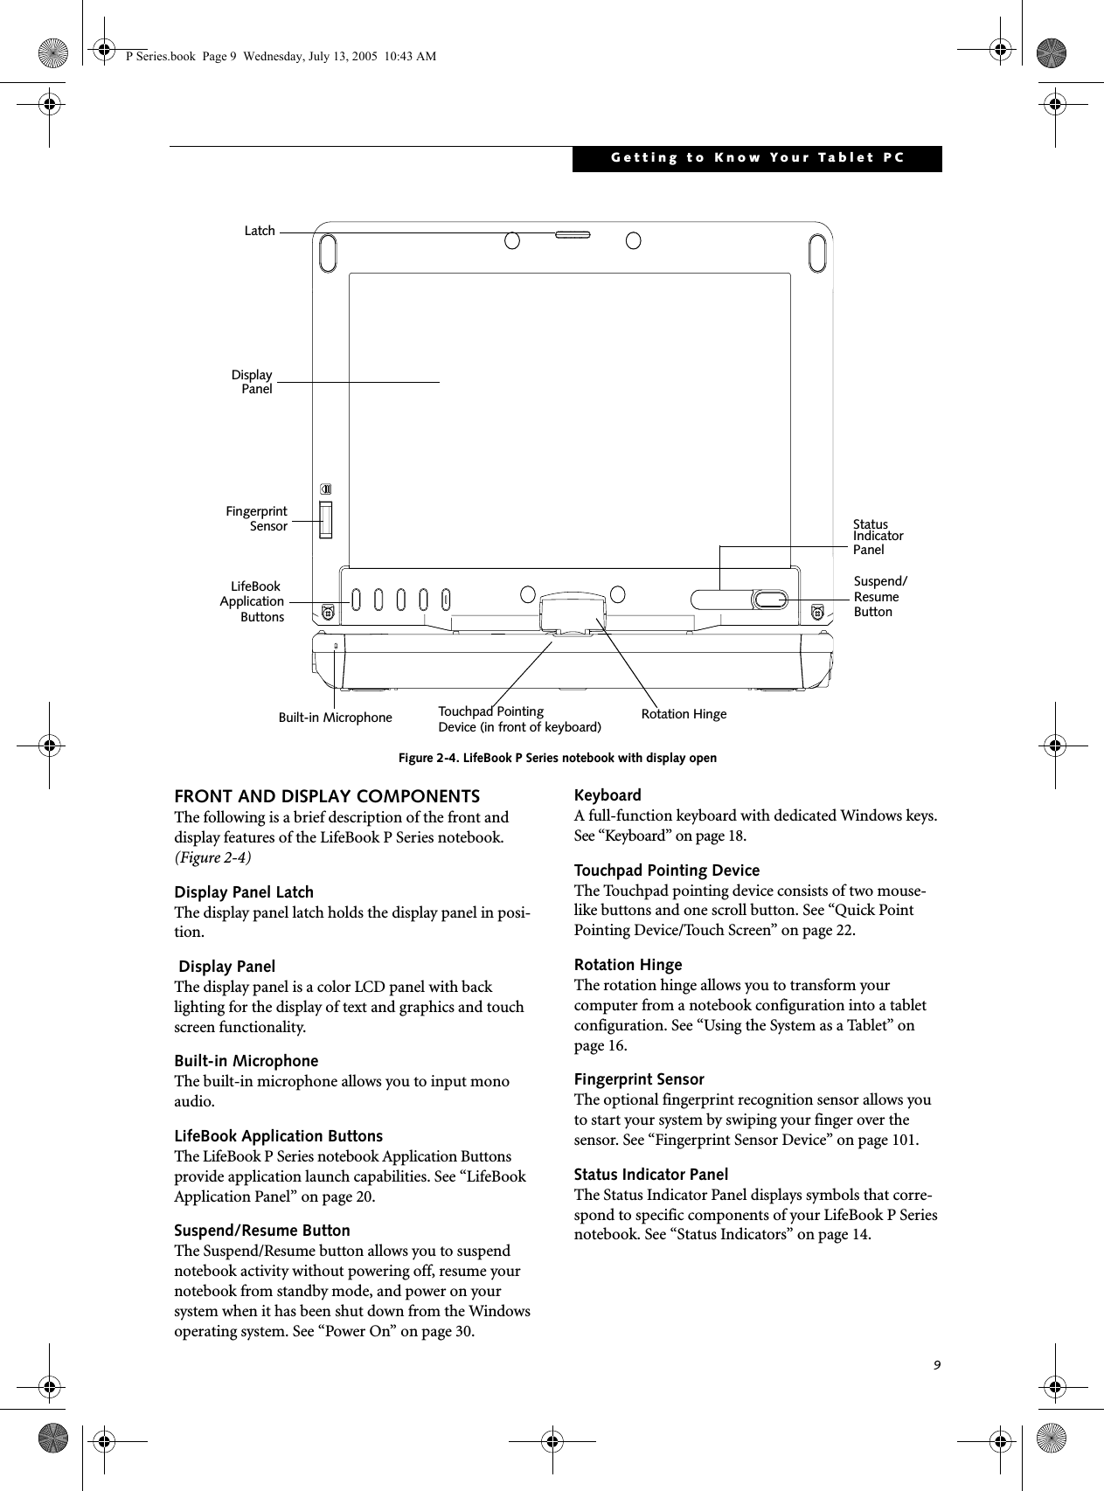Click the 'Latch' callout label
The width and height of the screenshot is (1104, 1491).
coord(259,231)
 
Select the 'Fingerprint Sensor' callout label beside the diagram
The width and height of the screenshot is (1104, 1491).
coord(257,518)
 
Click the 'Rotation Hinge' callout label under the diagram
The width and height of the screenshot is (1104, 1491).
coord(684,714)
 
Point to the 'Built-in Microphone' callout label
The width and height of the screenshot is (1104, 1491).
coord(335,718)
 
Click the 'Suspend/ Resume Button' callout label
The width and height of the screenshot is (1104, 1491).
coord(879,596)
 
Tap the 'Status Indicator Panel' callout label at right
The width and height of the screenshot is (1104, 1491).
coord(877,537)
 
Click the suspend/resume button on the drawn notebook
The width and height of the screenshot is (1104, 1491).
coord(770,599)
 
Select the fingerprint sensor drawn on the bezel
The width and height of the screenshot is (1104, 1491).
coord(326,520)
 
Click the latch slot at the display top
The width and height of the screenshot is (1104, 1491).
coord(572,234)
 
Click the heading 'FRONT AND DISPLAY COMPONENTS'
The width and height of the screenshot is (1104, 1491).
coord(327,796)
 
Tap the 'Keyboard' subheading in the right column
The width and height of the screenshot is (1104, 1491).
coord(608,795)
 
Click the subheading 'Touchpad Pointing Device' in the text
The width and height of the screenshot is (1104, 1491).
coord(666,870)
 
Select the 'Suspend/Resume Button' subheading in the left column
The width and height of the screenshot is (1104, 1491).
coord(262,1231)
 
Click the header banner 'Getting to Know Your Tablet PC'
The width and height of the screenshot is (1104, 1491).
coord(757,158)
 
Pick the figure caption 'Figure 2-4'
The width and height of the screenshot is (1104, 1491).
coord(557,758)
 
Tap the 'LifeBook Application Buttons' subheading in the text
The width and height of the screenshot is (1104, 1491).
coord(278,1136)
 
